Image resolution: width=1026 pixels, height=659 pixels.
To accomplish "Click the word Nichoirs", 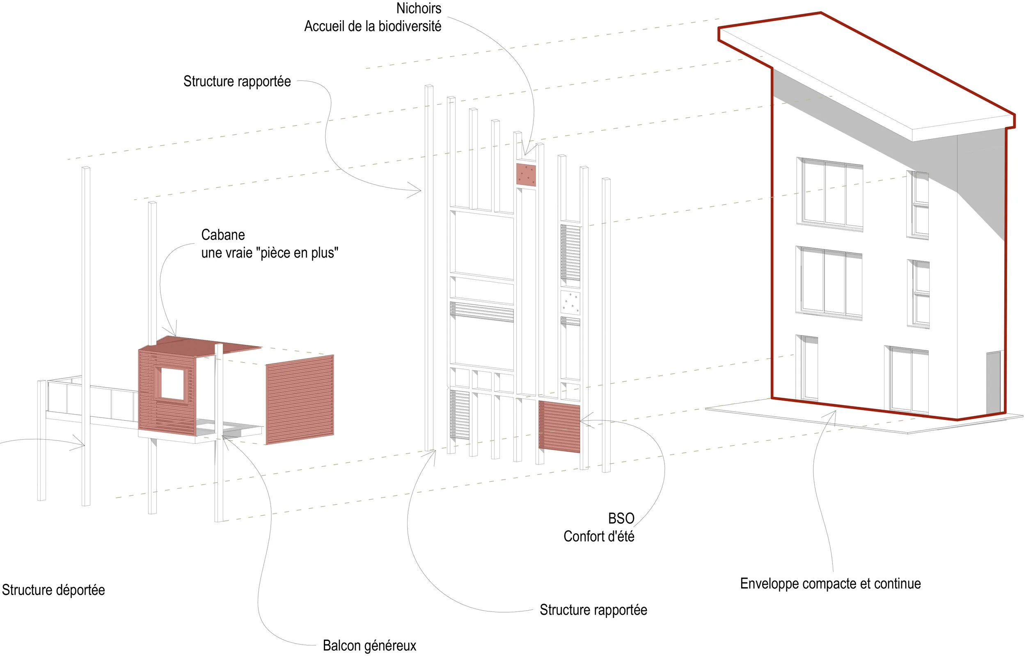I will (418, 9).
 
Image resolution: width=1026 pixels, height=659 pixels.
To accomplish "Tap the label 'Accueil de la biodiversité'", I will (373, 27).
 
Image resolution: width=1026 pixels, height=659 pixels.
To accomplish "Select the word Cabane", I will (223, 235).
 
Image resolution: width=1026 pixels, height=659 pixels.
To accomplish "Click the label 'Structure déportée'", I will (53, 590).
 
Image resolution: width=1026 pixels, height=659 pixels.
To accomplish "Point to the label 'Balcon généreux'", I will (369, 645).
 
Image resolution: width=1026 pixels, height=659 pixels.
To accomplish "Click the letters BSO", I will (621, 519).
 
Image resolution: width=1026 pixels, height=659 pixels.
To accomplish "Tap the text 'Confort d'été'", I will (599, 537).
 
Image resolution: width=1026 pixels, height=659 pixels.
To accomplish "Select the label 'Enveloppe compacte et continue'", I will (830, 584).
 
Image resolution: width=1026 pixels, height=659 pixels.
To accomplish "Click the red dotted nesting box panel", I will (526, 175).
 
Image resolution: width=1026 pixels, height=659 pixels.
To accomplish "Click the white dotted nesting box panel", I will (570, 303).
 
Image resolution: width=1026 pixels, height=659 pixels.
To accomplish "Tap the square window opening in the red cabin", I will (172, 383).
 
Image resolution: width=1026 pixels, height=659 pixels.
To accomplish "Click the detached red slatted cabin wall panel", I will (299, 399).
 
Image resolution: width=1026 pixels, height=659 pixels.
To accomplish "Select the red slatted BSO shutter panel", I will (559, 426).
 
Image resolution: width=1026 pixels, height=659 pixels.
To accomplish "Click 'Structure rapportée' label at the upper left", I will (237, 81).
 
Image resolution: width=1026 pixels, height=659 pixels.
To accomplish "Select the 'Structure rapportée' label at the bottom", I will (593, 610).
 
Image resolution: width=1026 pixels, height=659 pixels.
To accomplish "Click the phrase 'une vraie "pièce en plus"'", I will (269, 253).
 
